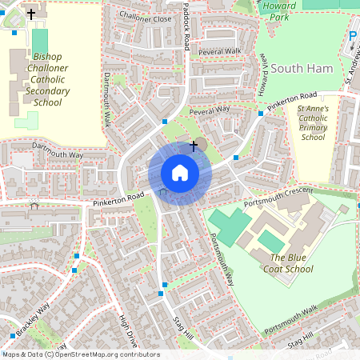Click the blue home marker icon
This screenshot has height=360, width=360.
click(x=180, y=172)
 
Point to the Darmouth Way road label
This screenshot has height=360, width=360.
click(x=58, y=150)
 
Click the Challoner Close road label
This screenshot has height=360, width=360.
click(x=145, y=17)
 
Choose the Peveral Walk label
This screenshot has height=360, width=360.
click(x=219, y=51)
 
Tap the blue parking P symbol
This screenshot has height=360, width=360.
click(x=354, y=36)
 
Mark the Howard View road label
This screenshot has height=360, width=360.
click(x=262, y=74)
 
